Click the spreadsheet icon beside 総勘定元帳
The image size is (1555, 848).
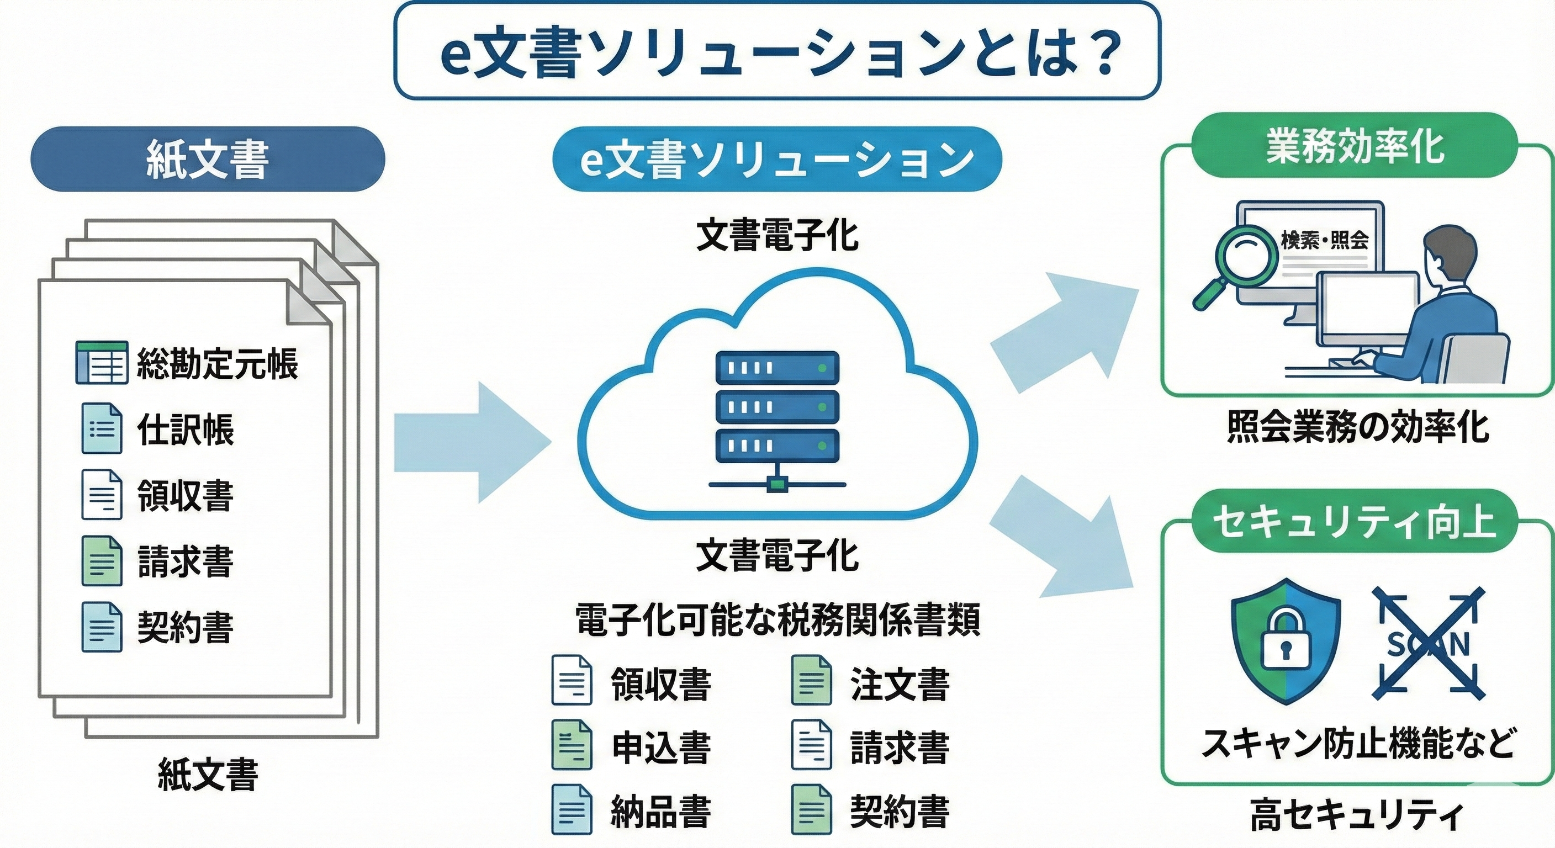(102, 362)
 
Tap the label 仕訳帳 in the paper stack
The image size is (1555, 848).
(186, 429)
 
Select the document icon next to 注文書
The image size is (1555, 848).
(811, 680)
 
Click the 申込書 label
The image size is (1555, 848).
(660, 747)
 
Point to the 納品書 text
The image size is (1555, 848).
(660, 811)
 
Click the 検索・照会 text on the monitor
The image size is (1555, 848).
(1324, 240)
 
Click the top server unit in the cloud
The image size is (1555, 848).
(777, 367)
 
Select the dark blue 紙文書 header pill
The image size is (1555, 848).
(208, 159)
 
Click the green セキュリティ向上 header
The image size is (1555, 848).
(1354, 521)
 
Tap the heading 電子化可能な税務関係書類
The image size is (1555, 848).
(777, 620)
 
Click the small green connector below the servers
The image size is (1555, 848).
(777, 484)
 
